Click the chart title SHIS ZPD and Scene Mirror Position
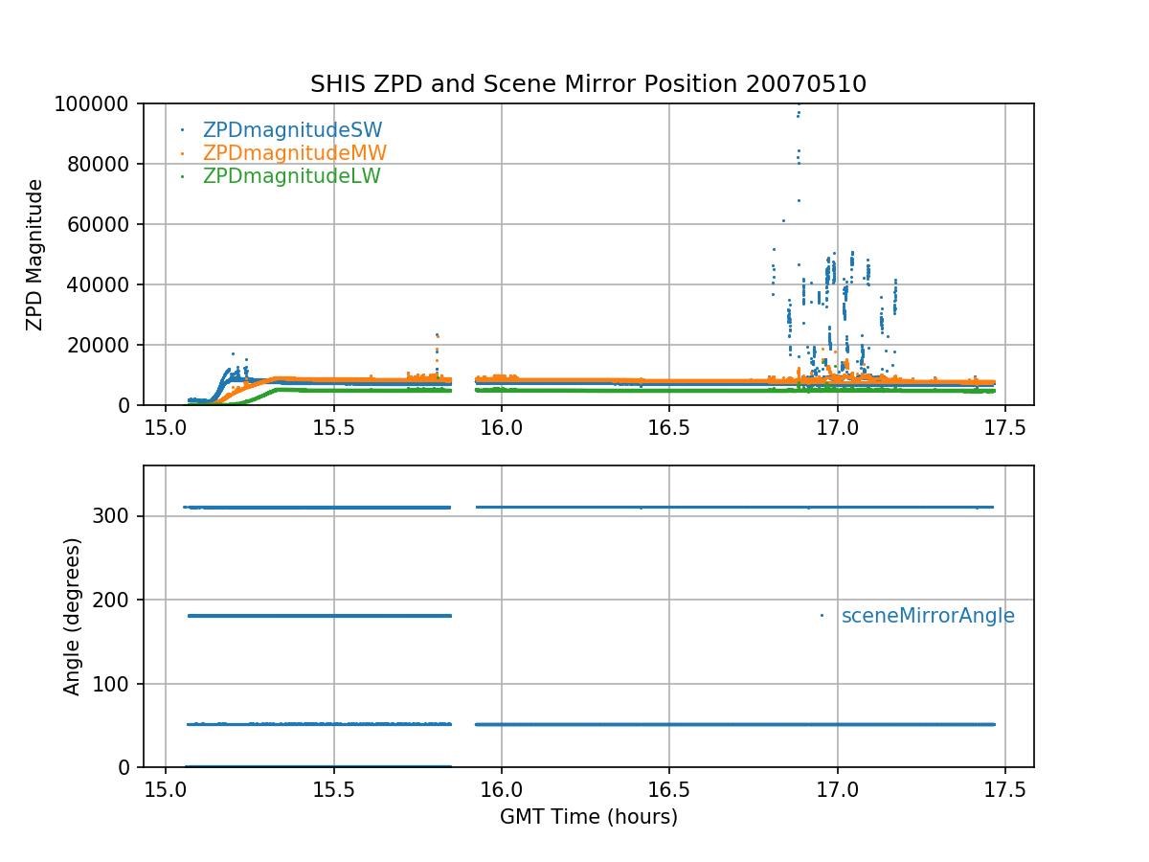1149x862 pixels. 588,84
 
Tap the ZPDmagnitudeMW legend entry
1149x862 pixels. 294,153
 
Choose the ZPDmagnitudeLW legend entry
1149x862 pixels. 291,176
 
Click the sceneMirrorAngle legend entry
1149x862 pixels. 927,616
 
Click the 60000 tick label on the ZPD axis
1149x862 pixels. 106,224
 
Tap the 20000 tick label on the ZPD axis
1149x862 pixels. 106,345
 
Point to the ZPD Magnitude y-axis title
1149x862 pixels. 35,255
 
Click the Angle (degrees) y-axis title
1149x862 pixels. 73,616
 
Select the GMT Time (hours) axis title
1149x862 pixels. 588,817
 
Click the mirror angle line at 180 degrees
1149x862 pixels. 319,616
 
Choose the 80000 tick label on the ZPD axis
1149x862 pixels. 106,164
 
